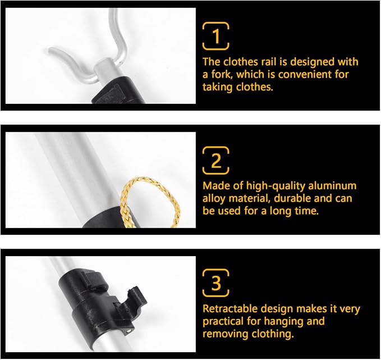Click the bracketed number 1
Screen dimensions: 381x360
tap(216, 37)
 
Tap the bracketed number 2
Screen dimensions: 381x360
tap(216, 160)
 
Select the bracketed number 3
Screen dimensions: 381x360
tap(216, 282)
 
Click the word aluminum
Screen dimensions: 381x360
tap(332, 186)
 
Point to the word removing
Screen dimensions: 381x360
tap(225, 334)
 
